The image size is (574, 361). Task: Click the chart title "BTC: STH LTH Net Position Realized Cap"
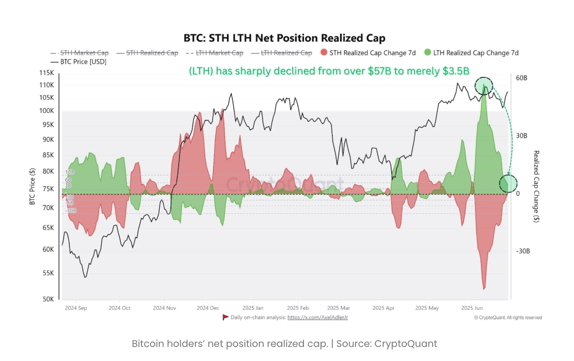285,38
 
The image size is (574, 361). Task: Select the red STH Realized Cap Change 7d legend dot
324,52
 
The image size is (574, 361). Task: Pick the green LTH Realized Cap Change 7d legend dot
428,52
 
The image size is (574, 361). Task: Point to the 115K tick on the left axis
47,73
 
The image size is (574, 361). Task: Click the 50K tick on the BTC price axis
48,299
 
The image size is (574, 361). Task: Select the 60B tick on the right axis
521,78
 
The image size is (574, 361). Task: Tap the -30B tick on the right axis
523,251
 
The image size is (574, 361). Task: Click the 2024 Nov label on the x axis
164,308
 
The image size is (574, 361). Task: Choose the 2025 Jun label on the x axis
472,308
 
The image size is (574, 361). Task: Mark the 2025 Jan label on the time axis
253,308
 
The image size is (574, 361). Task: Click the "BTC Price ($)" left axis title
32,186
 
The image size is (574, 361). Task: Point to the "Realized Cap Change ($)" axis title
536,186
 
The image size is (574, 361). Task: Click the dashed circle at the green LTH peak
483,86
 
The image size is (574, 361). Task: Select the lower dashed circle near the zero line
508,183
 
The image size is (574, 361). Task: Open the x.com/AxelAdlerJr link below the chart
318,317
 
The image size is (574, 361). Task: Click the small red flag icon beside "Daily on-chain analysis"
225,317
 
